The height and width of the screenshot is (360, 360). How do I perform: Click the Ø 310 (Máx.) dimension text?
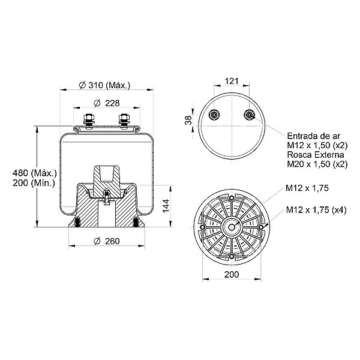pos(105,85)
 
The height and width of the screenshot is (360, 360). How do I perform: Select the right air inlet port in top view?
pos(249,116)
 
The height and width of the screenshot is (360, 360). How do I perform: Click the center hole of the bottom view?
pos(231,227)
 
